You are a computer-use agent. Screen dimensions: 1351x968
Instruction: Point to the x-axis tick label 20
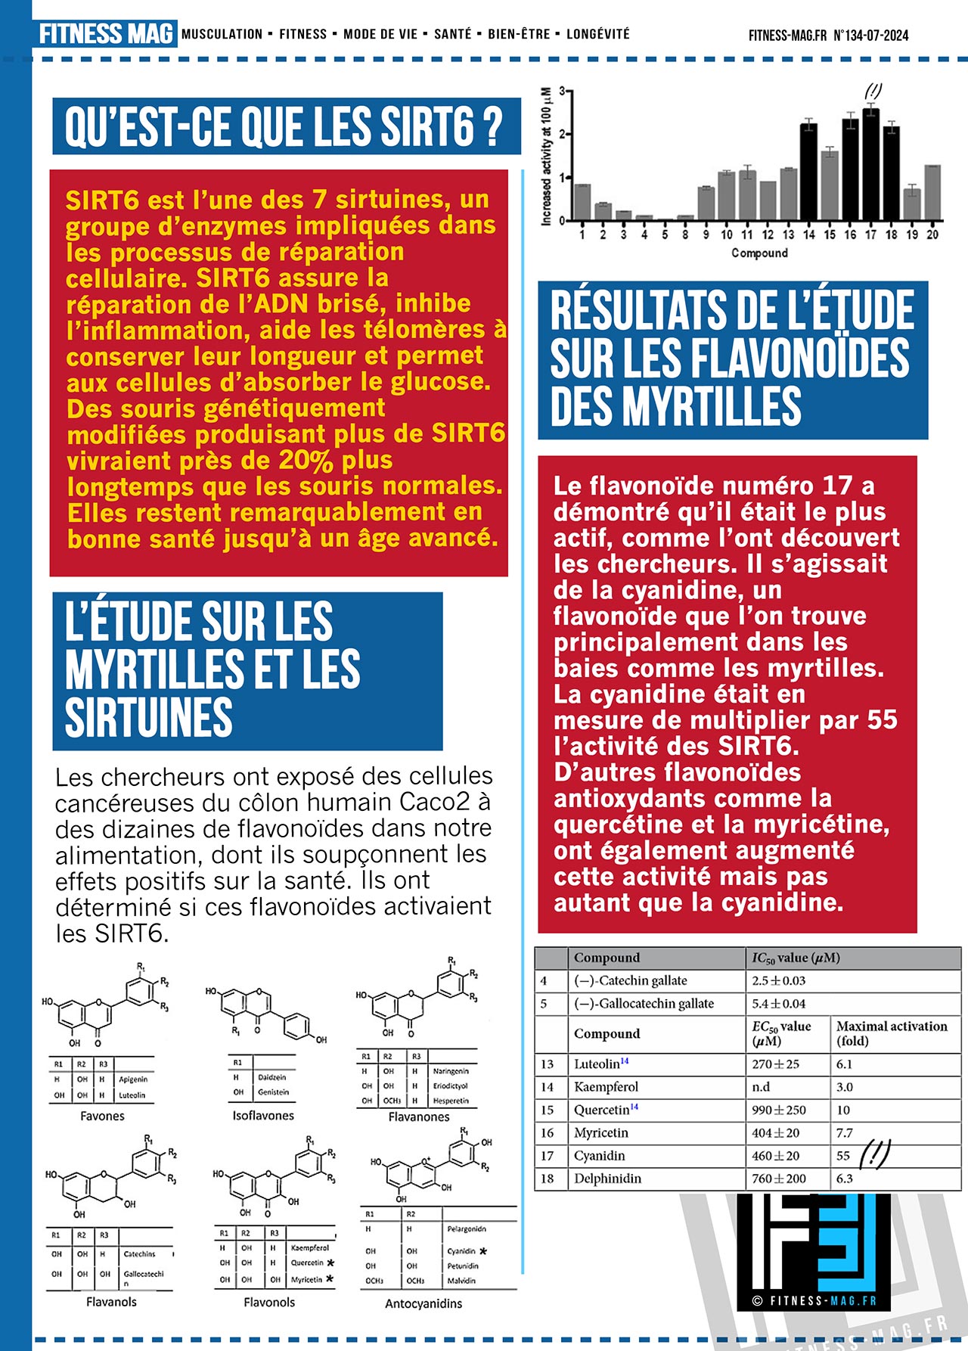pos(932,235)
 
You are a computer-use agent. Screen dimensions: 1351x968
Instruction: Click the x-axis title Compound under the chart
pos(759,253)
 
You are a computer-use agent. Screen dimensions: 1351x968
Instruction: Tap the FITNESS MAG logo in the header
pos(105,34)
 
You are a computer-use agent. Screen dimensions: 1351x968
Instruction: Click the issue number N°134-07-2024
pos(870,36)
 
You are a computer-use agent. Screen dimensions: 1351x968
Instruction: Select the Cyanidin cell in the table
pos(599,1156)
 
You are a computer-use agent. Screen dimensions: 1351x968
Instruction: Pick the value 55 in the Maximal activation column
pos(843,1156)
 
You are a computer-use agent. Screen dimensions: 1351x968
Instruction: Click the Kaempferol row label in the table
pos(606,1087)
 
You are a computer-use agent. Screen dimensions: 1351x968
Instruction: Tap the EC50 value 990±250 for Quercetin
pos(778,1110)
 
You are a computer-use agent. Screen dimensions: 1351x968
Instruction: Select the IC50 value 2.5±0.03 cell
pos(778,981)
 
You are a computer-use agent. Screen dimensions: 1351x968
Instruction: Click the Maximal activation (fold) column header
pos(891,1033)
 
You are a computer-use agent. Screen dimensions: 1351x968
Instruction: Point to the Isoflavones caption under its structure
pos(263,1116)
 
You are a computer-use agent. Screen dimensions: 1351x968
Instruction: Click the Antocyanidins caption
pos(423,1303)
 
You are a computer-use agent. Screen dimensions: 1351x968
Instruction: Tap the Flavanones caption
pos(418,1117)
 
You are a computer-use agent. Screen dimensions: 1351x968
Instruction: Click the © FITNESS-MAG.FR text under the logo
pos(814,1301)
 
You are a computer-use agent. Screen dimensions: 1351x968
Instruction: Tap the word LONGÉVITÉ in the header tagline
pos(597,34)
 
